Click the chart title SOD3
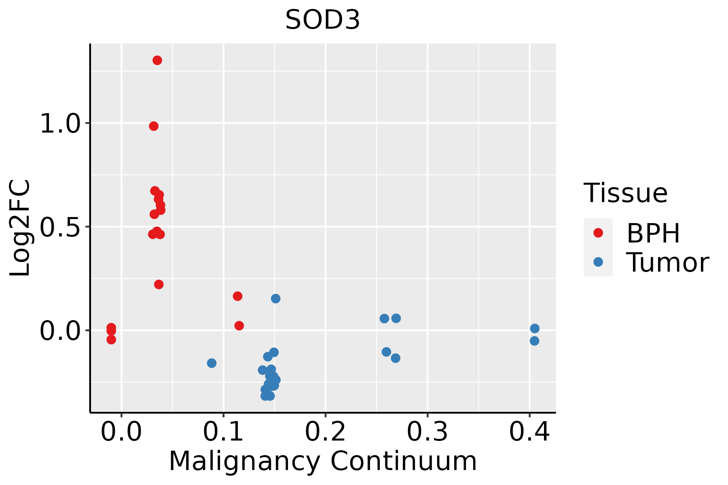322,20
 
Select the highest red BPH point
157,61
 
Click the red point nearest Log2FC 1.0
154,126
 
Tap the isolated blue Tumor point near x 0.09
212,363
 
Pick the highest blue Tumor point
276,299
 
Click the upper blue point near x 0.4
535,328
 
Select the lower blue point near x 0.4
534,341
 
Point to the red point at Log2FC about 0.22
159,285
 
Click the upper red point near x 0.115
238,296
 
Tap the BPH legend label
653,233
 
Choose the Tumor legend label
667,263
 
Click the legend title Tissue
626,193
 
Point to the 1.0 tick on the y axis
61,124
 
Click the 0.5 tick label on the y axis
61,227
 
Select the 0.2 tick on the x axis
325,432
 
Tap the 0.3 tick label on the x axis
427,432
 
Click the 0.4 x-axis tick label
529,432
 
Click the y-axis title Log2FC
20,228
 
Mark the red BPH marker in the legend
598,233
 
